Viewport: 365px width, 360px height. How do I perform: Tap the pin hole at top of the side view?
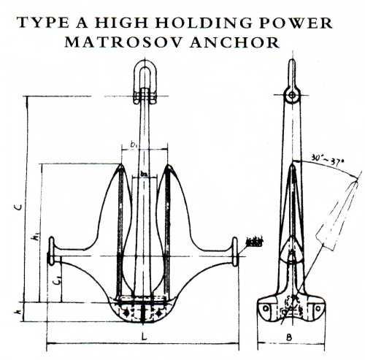point(291,95)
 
